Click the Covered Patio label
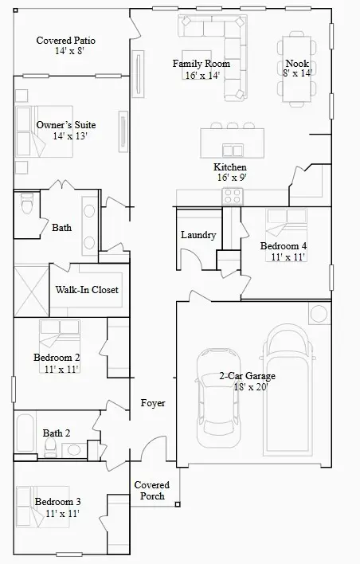point(65,40)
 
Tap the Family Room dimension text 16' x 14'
point(202,76)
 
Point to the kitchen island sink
point(233,150)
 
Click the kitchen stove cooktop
point(233,195)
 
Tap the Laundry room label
point(198,235)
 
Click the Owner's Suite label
point(65,125)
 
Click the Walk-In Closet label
point(87,290)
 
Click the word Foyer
point(153,403)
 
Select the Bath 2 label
point(57,433)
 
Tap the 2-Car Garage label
point(248,376)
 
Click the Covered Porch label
point(150,490)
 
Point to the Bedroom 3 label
point(57,502)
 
